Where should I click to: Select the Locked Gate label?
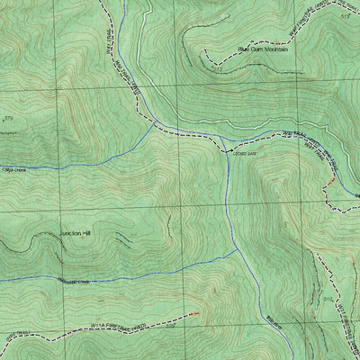(245, 154)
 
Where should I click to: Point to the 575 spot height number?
(9, 119)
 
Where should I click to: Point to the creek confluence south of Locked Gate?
(238, 249)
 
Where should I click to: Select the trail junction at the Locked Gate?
(226, 149)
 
